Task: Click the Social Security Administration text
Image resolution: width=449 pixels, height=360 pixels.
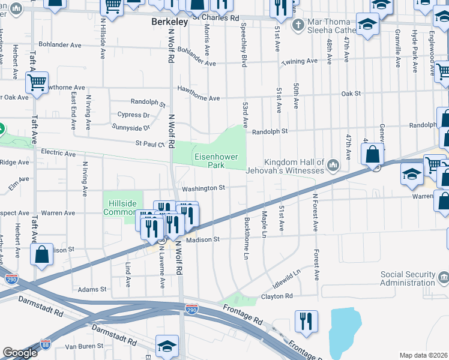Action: click(x=408, y=279)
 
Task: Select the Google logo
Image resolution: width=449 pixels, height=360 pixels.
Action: click(x=20, y=353)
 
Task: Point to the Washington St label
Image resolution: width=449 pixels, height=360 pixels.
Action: click(x=203, y=188)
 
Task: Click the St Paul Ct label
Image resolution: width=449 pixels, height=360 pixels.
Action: click(x=150, y=143)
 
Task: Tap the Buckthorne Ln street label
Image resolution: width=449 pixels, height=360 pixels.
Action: click(x=246, y=236)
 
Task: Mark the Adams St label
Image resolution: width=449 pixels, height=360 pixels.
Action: click(x=92, y=289)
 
